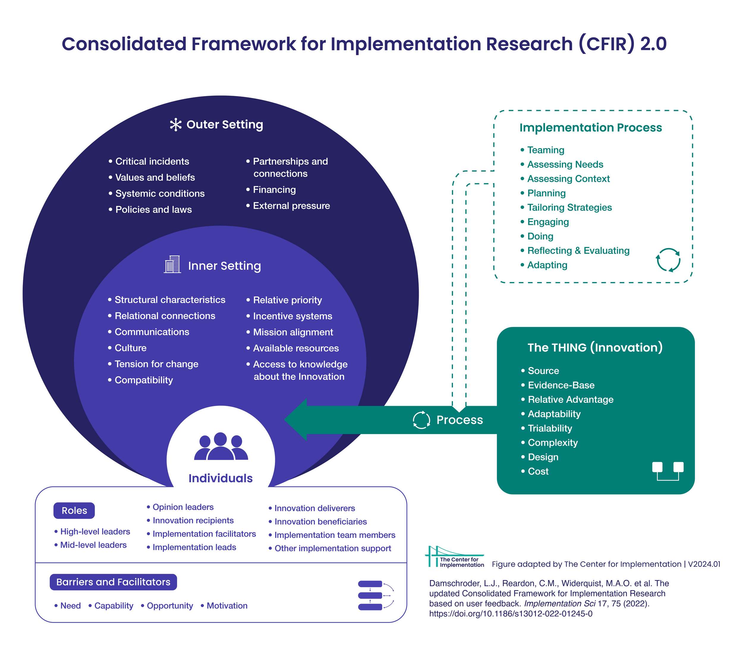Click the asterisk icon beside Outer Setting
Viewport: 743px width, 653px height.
(176, 125)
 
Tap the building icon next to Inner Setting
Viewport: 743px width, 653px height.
(173, 264)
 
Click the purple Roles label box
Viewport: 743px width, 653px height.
(74, 511)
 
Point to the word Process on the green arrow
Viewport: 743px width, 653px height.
(459, 420)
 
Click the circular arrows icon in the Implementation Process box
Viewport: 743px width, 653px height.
(668, 260)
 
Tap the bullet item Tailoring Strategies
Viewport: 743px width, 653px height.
(569, 207)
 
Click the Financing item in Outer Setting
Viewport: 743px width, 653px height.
(274, 190)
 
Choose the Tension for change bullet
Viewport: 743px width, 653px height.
(156, 364)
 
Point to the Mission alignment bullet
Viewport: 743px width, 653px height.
(293, 332)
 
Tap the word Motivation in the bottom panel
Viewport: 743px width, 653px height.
(227, 606)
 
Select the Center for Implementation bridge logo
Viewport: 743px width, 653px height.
(454, 557)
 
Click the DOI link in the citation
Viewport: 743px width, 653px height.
(511, 614)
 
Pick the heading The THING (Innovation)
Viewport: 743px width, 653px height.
(595, 347)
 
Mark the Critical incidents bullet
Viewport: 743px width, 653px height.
(152, 161)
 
